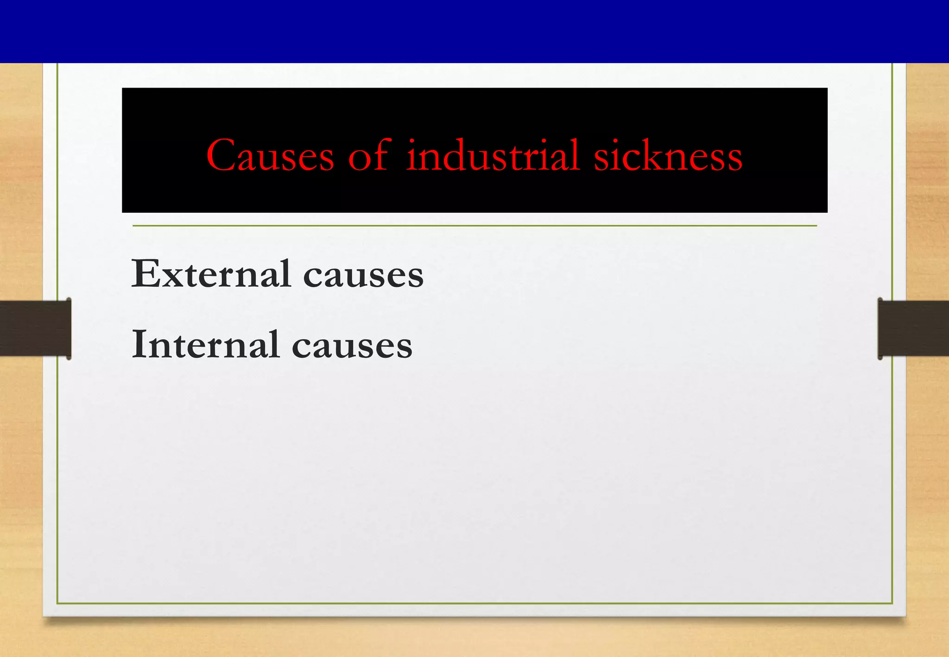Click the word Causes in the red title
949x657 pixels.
(270, 156)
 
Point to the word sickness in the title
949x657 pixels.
(668, 156)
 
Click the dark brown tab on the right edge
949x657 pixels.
(913, 328)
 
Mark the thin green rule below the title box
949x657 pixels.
(474, 226)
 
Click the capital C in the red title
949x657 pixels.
(220, 155)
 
